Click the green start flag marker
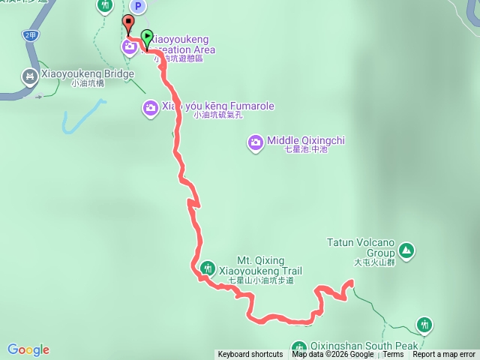(x=147, y=35)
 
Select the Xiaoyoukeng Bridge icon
(x=30, y=75)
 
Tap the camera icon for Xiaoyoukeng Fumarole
(x=150, y=109)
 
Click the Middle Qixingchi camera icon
(x=256, y=141)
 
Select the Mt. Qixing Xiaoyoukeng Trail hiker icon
(x=208, y=268)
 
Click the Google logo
(x=28, y=349)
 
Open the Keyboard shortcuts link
(x=250, y=355)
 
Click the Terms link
(x=393, y=355)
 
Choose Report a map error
(x=445, y=355)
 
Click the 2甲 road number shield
(x=30, y=35)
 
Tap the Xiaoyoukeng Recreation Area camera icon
(x=130, y=47)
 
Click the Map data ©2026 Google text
(x=334, y=355)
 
